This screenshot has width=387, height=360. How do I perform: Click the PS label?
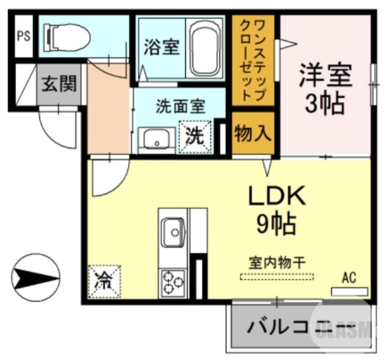24,36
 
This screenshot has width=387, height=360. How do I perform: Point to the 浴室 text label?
162,47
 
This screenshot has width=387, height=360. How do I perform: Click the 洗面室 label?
180,106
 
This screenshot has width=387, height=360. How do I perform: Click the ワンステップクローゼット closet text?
252,59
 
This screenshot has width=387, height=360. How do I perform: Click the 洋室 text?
325,76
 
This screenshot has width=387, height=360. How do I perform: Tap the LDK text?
277,196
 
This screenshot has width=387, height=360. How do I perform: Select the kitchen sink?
172,232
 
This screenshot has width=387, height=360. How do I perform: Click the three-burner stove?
173,282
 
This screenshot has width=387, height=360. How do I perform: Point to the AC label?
349,278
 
